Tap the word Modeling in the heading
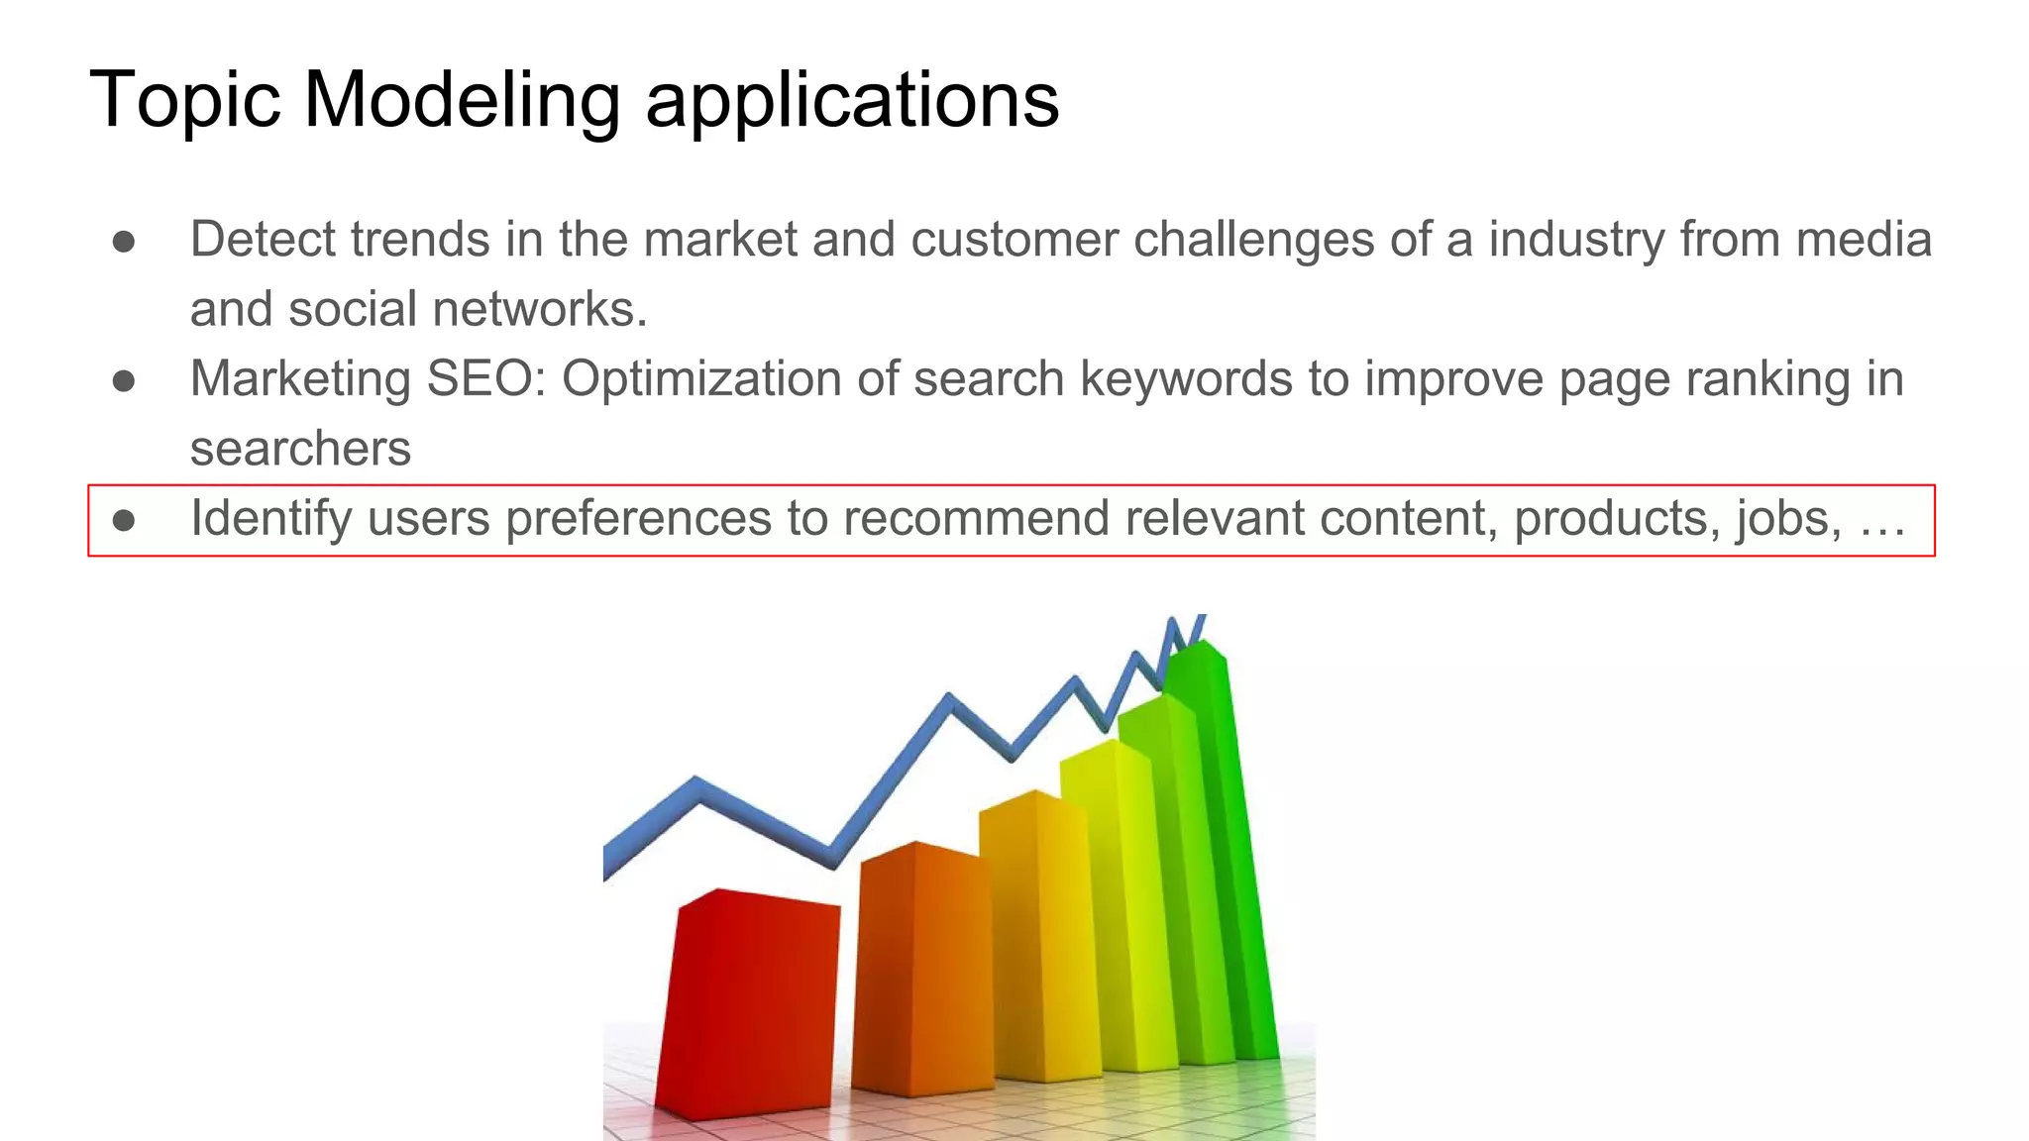tap(462, 101)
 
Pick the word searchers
tap(300, 449)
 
